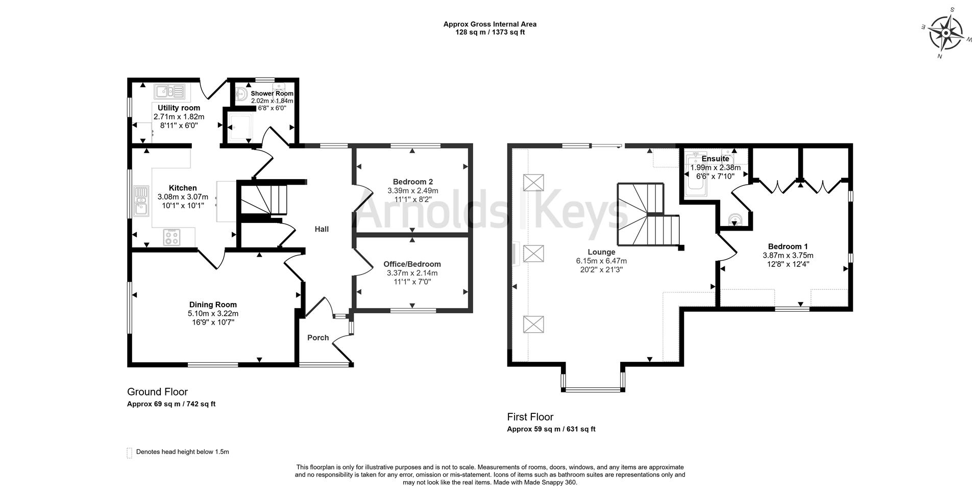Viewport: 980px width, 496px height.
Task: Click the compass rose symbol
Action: pos(946,33)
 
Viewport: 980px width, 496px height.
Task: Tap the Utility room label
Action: pos(179,108)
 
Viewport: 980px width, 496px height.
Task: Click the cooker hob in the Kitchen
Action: pos(171,237)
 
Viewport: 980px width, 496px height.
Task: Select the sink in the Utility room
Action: pos(169,92)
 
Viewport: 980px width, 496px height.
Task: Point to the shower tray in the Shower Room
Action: pos(239,127)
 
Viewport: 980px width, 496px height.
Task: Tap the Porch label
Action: pos(318,338)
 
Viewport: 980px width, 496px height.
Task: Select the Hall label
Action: pos(322,229)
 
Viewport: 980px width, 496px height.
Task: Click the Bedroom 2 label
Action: pos(413,182)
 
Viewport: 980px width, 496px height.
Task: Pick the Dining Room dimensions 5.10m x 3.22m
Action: pos(213,313)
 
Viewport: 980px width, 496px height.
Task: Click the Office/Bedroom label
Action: pos(412,264)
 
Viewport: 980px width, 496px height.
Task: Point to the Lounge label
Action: pos(601,252)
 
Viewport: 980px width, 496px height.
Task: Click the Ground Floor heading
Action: pos(157,392)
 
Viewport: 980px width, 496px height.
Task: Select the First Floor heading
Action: pos(530,417)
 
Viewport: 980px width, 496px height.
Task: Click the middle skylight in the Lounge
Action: pos(534,254)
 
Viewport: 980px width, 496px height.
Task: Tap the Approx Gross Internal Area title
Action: pos(489,24)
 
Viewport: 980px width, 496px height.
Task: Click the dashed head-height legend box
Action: pos(129,453)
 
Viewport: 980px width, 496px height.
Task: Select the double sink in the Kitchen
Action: pos(141,201)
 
